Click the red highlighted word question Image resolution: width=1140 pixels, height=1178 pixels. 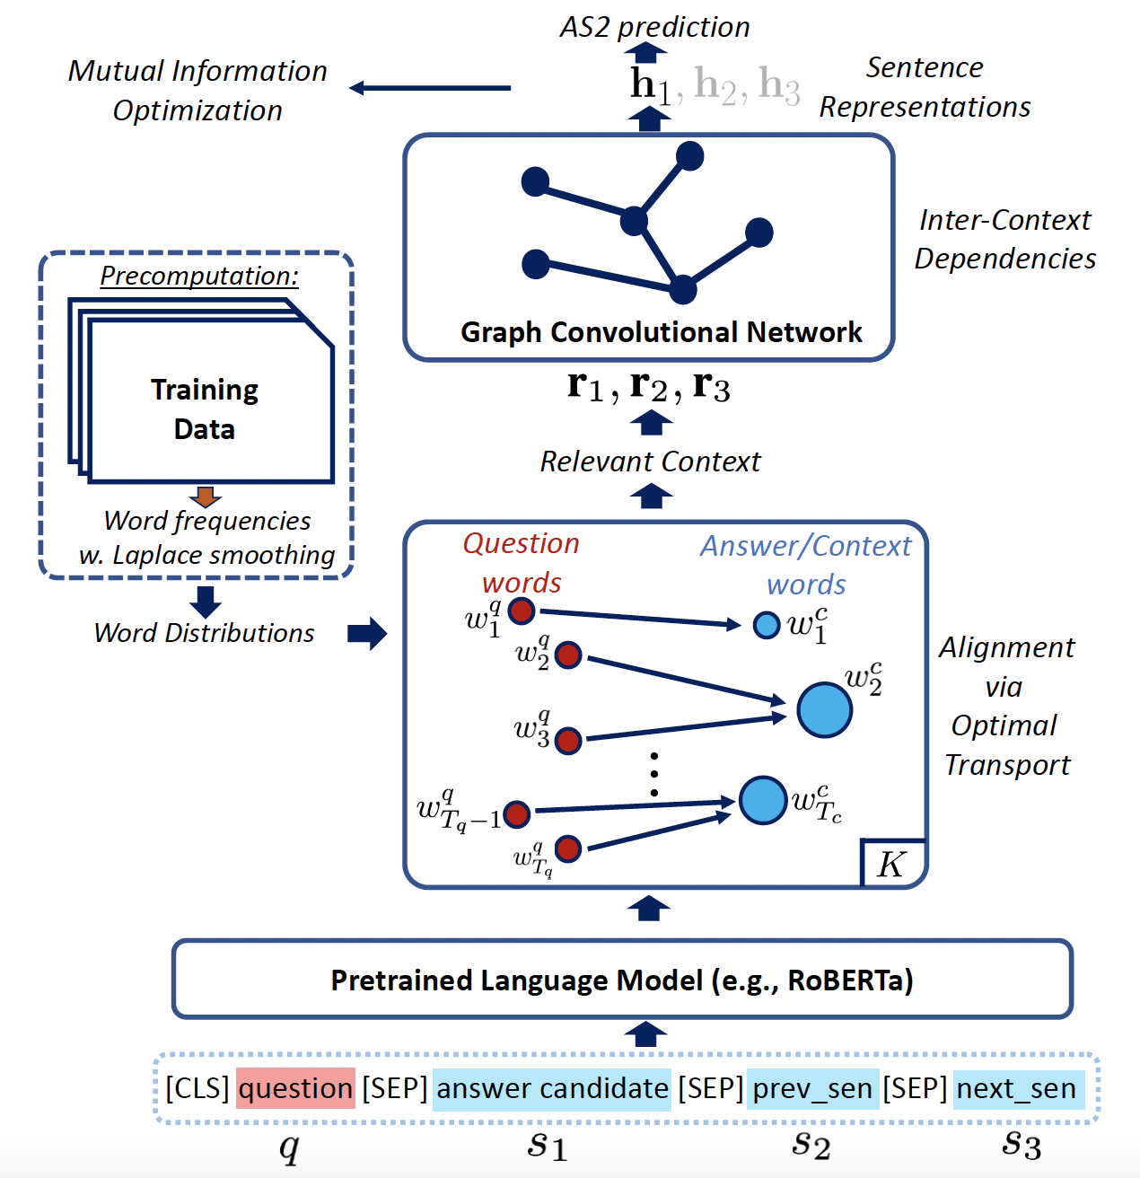[295, 1088]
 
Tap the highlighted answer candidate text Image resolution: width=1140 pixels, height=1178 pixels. [552, 1088]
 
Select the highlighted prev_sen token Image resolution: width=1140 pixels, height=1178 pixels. [812, 1088]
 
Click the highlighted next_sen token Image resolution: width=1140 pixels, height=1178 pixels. [1016, 1088]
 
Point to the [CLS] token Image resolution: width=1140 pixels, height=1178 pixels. [197, 1088]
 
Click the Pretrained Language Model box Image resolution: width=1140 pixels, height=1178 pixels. [622, 980]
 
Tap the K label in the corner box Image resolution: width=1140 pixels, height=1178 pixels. [891, 865]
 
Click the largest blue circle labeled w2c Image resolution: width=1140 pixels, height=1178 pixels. [824, 709]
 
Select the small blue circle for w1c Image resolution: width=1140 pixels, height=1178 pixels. [767, 625]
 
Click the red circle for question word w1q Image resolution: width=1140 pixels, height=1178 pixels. [522, 611]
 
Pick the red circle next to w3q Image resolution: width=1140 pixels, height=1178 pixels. [568, 741]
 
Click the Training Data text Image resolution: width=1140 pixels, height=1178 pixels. [205, 409]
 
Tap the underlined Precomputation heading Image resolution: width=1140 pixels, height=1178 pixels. [199, 276]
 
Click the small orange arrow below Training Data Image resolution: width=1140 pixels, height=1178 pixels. [206, 497]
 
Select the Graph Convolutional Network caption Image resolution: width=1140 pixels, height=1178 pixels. [661, 332]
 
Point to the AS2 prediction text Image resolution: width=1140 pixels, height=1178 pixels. [654, 27]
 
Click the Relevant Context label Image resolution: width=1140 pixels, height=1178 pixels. [650, 462]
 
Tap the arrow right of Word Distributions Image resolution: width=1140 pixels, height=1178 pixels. [366, 633]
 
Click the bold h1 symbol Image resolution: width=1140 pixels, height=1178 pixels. [650, 85]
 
